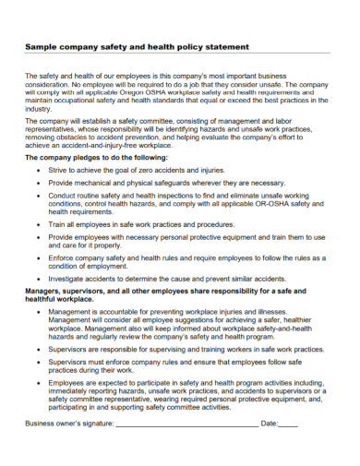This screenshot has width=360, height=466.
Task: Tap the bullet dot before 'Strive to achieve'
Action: coord(37,170)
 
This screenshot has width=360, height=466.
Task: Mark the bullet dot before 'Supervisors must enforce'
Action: coord(37,363)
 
